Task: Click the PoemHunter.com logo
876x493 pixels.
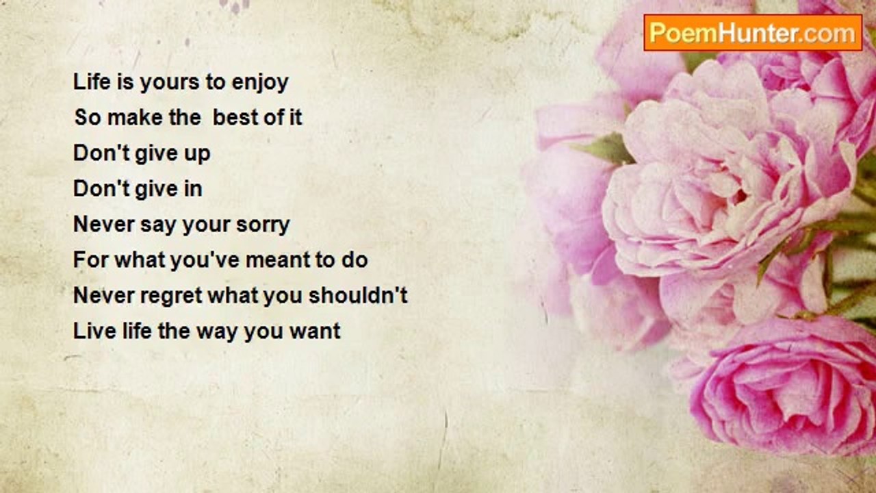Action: pos(753,33)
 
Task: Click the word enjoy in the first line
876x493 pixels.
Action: pos(260,83)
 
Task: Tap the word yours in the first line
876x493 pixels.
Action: pos(169,84)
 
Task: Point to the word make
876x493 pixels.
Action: pos(135,117)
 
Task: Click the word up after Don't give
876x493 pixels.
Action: pos(196,154)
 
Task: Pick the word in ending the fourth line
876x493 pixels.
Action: pos(193,188)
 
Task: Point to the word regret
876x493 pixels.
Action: pos(171,296)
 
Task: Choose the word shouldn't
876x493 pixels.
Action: pos(358,295)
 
